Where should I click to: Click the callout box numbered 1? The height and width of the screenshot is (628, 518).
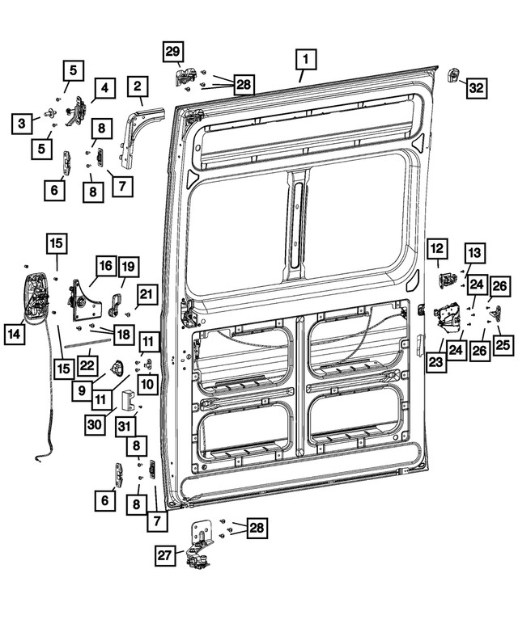coord(306,60)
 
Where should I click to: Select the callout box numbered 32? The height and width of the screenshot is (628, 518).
coord(476,87)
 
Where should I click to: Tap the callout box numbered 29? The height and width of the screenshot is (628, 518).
coord(173,51)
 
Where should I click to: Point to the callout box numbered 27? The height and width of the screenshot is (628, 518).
coord(165,555)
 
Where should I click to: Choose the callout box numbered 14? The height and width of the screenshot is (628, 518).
coord(15,334)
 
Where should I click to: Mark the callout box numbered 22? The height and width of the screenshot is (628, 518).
coord(87,365)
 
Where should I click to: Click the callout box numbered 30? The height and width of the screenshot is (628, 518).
coord(95,424)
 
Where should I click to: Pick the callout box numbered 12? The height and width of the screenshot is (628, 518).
coord(437,249)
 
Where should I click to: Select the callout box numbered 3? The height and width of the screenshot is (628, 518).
coord(21,124)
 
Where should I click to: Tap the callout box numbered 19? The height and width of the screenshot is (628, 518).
coord(128,267)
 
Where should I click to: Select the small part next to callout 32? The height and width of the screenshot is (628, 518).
coord(453,74)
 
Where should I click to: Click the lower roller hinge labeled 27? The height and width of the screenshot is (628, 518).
coord(200,545)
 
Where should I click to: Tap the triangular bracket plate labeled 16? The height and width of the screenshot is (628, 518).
coord(86,300)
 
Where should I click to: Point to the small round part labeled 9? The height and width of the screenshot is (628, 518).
coord(117,367)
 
